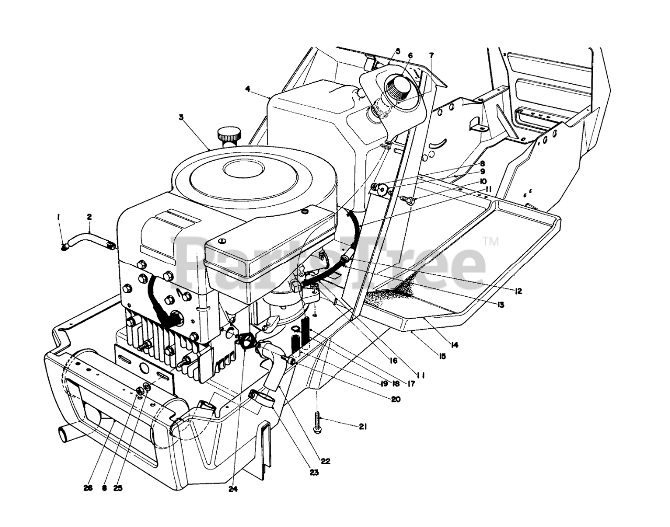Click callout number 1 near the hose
coord(59,216)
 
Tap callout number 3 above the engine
coord(181,117)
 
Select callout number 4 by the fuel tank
coord(247,89)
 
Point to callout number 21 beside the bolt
coord(363,427)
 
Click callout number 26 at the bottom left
coord(88,488)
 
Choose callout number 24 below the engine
coord(232,489)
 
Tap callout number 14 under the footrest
coord(454,345)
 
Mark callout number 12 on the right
coord(518,291)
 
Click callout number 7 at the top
coord(431,55)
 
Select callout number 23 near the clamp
coord(299,473)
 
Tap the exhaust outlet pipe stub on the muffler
coord(63,434)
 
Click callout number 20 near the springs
coord(395,399)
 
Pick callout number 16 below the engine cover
coord(393,361)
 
